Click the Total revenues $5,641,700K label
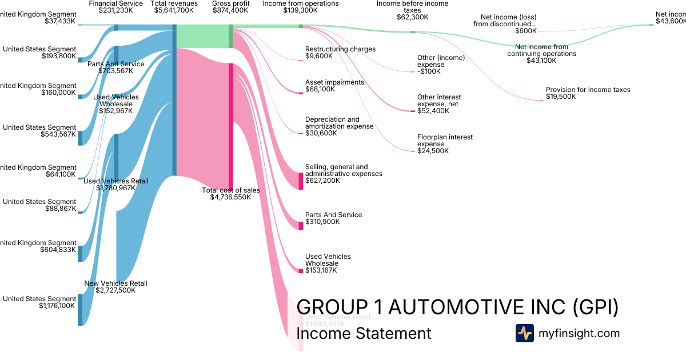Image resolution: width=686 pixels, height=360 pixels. point(174,7)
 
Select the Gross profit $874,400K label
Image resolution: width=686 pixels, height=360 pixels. point(231,7)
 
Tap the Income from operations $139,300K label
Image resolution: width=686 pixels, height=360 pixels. point(300,7)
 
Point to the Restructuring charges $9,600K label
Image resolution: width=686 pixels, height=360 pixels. point(340,53)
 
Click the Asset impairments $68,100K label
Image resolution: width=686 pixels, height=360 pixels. point(334,86)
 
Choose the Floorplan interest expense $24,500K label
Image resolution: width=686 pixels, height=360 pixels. point(445,144)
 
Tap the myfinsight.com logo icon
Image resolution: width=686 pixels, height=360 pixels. point(524,333)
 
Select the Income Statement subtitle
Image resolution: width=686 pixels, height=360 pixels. point(364,333)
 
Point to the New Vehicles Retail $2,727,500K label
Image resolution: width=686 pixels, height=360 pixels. point(115,287)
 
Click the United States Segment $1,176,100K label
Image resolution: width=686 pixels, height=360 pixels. point(39,302)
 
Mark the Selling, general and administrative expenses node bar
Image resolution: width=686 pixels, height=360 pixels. point(301,181)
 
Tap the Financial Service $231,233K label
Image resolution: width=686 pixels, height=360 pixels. point(116,7)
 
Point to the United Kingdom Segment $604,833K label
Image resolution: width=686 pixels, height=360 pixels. point(39,246)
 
